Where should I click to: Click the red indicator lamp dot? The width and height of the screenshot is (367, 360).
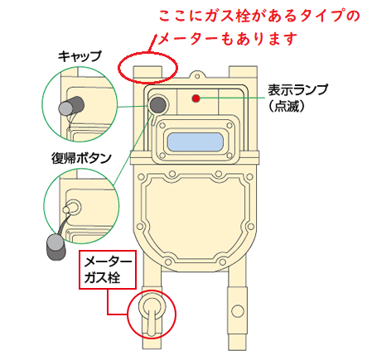point(196,98)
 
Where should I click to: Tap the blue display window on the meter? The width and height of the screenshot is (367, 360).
point(195,142)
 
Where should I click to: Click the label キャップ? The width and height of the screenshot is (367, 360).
point(80,56)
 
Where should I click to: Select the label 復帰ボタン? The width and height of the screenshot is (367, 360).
point(81,158)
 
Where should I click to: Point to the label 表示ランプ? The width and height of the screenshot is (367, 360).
point(297,90)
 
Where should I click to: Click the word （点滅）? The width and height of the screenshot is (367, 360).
point(287,106)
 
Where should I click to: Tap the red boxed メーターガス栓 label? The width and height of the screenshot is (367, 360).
point(108,270)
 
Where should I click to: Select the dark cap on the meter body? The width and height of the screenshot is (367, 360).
point(157,104)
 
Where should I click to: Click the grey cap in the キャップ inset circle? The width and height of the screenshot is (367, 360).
point(71,106)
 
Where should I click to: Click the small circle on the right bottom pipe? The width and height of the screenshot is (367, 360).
point(238,311)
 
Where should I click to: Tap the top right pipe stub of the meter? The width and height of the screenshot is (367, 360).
point(243,74)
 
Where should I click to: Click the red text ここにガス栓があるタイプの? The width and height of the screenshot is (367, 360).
point(259,16)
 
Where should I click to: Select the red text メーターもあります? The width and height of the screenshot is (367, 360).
point(228,39)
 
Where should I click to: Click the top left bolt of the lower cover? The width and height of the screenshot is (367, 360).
point(142,176)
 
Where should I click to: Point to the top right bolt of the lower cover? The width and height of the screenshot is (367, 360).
point(249,176)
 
